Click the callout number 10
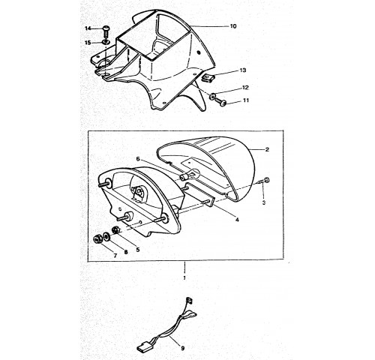[233, 26]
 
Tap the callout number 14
[88, 28]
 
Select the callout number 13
[243, 70]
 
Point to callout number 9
[182, 348]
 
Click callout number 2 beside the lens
[267, 149]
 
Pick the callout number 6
[138, 159]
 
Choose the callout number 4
[237, 220]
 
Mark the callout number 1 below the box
[184, 277]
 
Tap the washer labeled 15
[106, 42]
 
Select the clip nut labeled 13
[208, 78]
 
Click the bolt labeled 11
[221, 102]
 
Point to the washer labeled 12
[213, 96]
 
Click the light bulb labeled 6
[190, 175]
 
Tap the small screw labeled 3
[265, 181]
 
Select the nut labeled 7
[97, 238]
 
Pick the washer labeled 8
[106, 236]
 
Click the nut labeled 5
[115, 229]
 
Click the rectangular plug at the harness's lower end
[142, 347]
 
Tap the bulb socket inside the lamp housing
[138, 193]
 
